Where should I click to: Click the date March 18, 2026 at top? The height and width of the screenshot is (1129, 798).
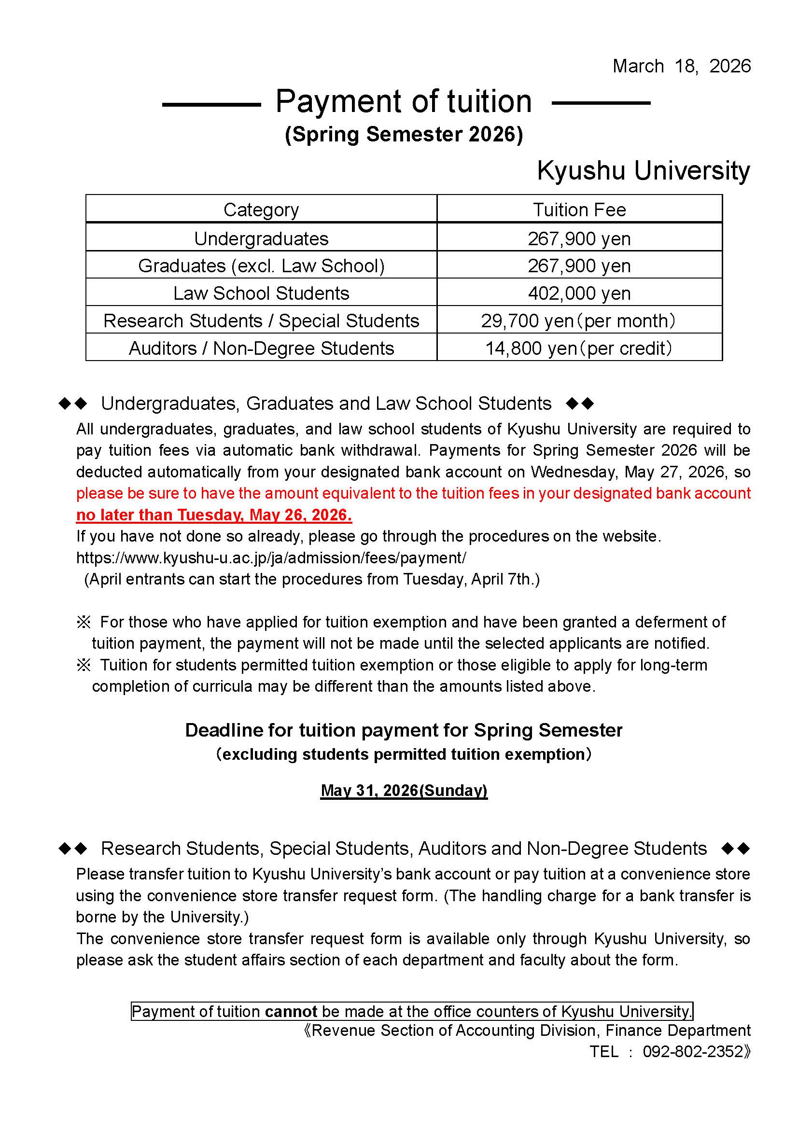[x=681, y=67]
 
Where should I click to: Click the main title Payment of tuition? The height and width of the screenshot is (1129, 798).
[x=403, y=102]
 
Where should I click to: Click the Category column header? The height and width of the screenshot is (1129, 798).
[x=261, y=210]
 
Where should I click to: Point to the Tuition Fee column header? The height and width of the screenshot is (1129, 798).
[x=579, y=210]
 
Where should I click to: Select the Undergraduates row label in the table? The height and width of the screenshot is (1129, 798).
[x=261, y=239]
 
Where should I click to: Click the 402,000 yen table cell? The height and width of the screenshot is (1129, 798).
[x=579, y=293]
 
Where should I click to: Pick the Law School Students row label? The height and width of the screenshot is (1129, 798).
[x=261, y=293]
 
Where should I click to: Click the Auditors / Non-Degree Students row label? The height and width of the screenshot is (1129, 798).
[x=261, y=348]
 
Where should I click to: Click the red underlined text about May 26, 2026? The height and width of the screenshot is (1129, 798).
[x=214, y=515]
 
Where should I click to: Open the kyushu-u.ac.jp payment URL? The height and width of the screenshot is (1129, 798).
[x=271, y=558]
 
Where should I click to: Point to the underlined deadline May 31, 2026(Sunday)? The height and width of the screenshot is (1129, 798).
[x=404, y=790]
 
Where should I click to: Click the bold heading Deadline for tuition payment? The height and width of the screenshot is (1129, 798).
[x=404, y=730]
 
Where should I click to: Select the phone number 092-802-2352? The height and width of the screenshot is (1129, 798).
[x=693, y=1052]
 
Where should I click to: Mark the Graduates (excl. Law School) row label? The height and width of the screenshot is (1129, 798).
[x=261, y=266]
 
